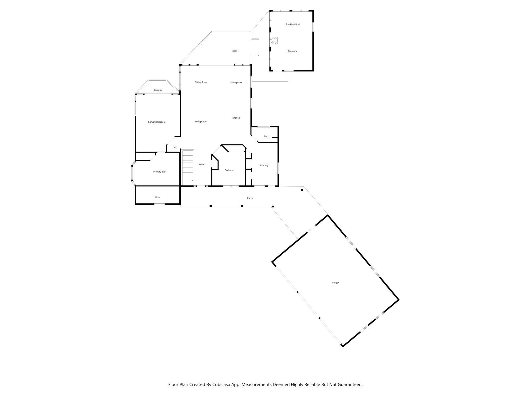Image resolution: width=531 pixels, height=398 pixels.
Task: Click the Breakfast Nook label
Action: [x=293, y=24]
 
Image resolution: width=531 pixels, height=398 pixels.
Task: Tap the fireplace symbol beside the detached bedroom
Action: [x=274, y=40]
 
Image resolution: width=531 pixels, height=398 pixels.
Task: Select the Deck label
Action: [x=235, y=51]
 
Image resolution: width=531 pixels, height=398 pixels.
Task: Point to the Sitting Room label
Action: [x=201, y=82]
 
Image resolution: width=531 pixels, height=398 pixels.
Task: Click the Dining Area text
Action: [x=236, y=83]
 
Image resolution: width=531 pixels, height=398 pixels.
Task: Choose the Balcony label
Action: [x=158, y=90]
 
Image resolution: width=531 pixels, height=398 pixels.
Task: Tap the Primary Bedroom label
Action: [x=156, y=122]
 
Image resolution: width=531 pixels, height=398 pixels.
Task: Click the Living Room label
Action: [x=201, y=122]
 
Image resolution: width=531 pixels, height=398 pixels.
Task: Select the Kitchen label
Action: [x=236, y=118]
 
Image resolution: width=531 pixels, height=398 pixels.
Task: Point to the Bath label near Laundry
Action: [x=266, y=136]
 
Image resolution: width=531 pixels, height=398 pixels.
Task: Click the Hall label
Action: [x=174, y=147]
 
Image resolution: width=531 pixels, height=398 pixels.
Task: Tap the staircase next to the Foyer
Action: [x=188, y=163]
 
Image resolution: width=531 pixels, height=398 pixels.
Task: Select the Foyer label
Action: [x=202, y=165]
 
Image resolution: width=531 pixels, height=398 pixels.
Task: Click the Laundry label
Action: [x=264, y=166]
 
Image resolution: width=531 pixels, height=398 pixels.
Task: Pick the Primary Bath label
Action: [x=160, y=172]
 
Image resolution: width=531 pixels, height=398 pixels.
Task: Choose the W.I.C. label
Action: [x=158, y=197]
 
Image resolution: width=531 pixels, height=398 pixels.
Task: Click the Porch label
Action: [x=250, y=198]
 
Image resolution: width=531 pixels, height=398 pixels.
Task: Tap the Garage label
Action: [x=335, y=283]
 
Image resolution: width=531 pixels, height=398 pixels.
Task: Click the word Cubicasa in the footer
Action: [x=221, y=384]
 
